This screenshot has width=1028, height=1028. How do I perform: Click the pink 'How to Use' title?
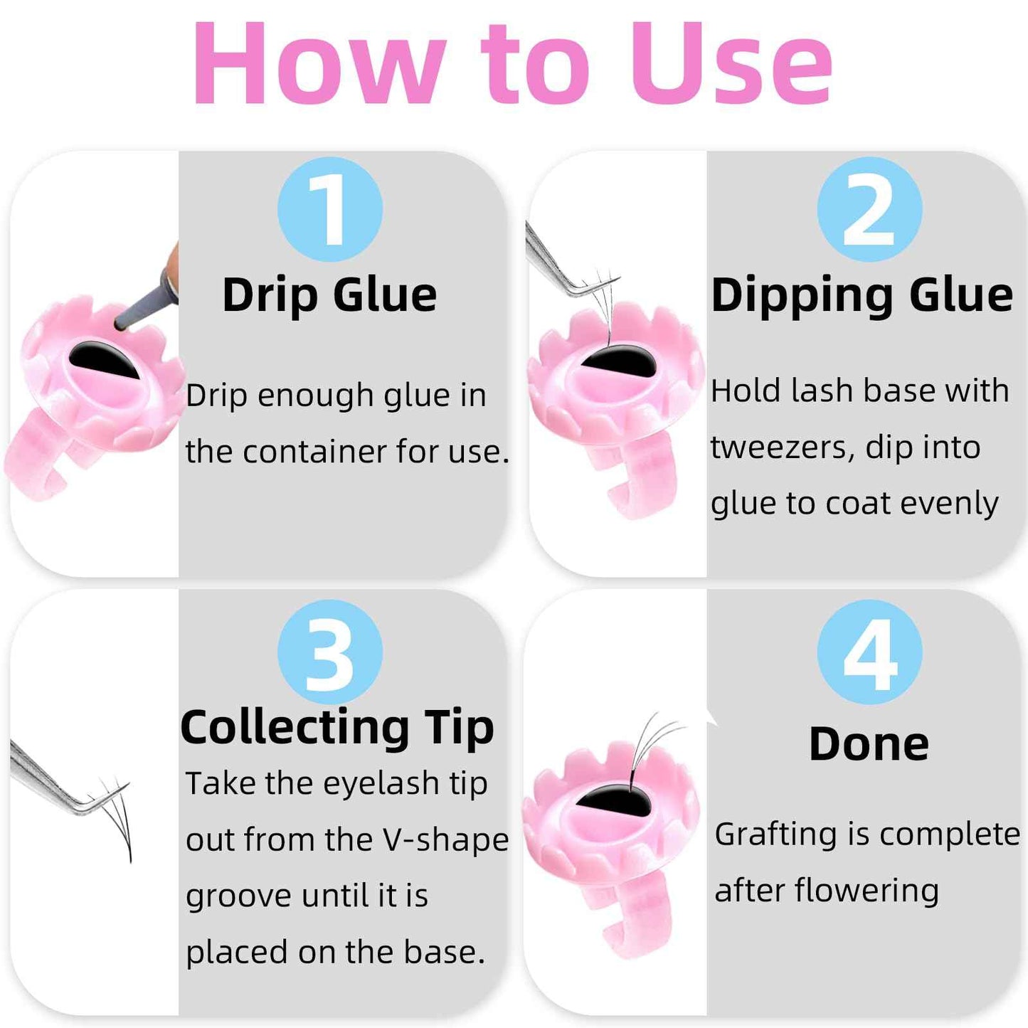pos(512,64)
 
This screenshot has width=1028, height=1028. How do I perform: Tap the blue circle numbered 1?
pos(329,210)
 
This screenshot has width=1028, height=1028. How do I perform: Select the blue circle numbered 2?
pos(869,210)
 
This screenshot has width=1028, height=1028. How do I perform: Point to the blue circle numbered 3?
pos(329,652)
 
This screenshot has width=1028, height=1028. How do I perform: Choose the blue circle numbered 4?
pos(869,652)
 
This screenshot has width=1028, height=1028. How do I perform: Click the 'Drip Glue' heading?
pos(329,295)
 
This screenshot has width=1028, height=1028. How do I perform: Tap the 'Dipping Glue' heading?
pos(862,295)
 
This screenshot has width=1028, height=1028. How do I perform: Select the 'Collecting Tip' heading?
pos(337,728)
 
